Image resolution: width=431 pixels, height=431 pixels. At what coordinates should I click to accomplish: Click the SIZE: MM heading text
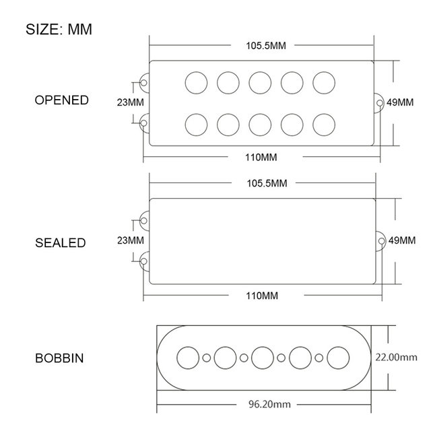pyautogui.click(x=59, y=30)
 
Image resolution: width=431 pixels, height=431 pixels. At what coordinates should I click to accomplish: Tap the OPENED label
pyautogui.click(x=61, y=100)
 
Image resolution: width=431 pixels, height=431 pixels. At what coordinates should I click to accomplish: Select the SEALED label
pyautogui.click(x=61, y=242)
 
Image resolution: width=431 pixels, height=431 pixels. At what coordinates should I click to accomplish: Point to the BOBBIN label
pyautogui.click(x=59, y=358)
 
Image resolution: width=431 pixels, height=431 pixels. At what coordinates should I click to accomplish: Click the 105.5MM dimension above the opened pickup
pyautogui.click(x=261, y=46)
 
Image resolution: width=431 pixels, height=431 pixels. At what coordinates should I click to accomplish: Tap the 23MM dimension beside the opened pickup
pyautogui.click(x=130, y=102)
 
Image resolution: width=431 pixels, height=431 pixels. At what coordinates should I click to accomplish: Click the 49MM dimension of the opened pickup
pyautogui.click(x=401, y=102)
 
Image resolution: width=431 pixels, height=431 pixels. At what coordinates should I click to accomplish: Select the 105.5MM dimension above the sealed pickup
pyautogui.click(x=261, y=183)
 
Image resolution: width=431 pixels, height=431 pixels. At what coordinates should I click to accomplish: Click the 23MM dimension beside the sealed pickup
pyautogui.click(x=130, y=240)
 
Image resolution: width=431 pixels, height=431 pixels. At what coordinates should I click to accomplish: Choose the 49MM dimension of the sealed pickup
pyautogui.click(x=401, y=240)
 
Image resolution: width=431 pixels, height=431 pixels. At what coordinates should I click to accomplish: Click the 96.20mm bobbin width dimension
pyautogui.click(x=264, y=405)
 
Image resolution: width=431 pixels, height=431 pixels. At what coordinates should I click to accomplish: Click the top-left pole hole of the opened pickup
pyautogui.click(x=196, y=82)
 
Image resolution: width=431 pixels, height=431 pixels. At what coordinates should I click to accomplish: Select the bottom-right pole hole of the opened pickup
pyautogui.click(x=325, y=125)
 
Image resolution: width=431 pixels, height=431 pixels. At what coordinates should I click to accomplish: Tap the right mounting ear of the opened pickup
pyautogui.click(x=380, y=102)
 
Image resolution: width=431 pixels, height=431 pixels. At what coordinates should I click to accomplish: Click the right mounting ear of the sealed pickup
pyautogui.click(x=380, y=240)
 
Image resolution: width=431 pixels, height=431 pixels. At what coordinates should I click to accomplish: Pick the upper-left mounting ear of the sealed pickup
pyautogui.click(x=144, y=220)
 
